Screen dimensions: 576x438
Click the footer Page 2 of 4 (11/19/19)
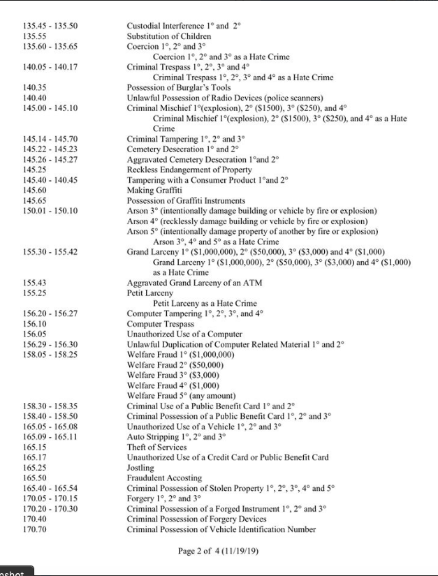tap(219, 552)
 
